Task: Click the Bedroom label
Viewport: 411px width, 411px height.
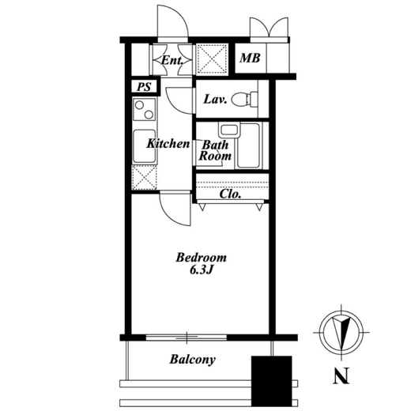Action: click(201, 258)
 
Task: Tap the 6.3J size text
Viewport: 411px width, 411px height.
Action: click(201, 270)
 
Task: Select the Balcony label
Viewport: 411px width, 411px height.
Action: click(192, 360)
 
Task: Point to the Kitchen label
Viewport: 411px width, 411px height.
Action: click(168, 144)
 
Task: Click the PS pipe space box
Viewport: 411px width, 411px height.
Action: click(145, 86)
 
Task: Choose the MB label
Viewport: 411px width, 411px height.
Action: click(250, 58)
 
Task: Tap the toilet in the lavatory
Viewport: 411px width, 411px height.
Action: click(244, 99)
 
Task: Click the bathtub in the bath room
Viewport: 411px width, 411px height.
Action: click(248, 145)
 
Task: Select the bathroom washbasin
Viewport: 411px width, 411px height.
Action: click(228, 130)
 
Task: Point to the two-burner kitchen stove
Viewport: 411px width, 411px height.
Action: click(144, 109)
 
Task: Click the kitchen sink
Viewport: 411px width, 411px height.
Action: click(144, 146)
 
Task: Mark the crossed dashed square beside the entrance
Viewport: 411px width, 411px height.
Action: click(213, 59)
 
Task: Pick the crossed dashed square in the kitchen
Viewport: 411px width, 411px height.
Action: click(144, 178)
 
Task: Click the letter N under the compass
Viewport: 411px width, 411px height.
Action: click(341, 375)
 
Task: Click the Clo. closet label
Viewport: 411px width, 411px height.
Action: click(230, 194)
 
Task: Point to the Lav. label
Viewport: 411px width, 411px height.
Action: click(215, 100)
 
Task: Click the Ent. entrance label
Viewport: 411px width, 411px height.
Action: click(172, 61)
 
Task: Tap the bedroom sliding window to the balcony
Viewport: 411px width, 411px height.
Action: click(187, 337)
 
